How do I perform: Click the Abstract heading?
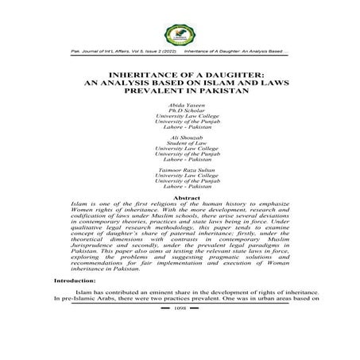180,197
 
